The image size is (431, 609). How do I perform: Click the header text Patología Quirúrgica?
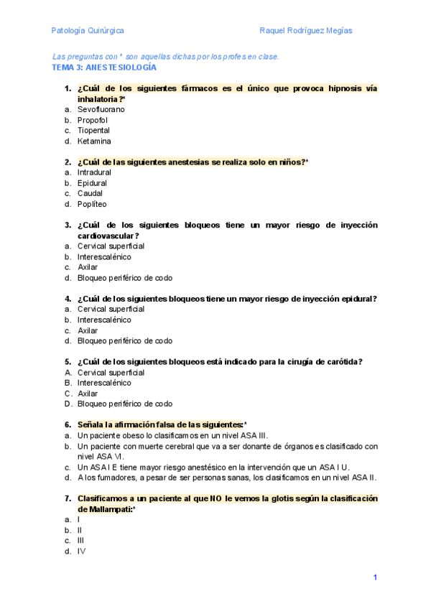[x=88, y=31]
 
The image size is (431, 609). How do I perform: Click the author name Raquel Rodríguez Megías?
[x=307, y=31]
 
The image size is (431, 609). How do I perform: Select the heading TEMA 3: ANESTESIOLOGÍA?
[x=104, y=67]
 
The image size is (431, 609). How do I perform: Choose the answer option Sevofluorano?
[x=101, y=110]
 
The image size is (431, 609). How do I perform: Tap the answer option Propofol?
[x=93, y=121]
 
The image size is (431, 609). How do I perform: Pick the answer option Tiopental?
[x=93, y=131]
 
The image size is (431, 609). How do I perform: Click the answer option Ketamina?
[x=94, y=141]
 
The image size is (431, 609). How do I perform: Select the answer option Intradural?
[x=94, y=173]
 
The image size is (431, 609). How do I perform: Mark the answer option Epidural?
[x=92, y=183]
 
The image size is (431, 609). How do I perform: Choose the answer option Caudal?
[x=90, y=193]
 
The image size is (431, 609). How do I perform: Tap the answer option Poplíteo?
[x=91, y=204]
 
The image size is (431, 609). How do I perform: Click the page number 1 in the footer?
[x=375, y=577]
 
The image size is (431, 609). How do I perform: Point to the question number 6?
[x=68, y=425]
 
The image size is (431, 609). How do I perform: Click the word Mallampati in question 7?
[x=105, y=509]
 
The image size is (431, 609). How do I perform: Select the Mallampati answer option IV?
[x=81, y=552]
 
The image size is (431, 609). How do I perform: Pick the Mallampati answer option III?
[x=80, y=541]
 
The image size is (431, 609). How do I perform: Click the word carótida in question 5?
[x=343, y=362]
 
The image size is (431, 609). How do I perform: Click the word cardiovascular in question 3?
[x=106, y=236]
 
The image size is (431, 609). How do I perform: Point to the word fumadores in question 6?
[x=110, y=478]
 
